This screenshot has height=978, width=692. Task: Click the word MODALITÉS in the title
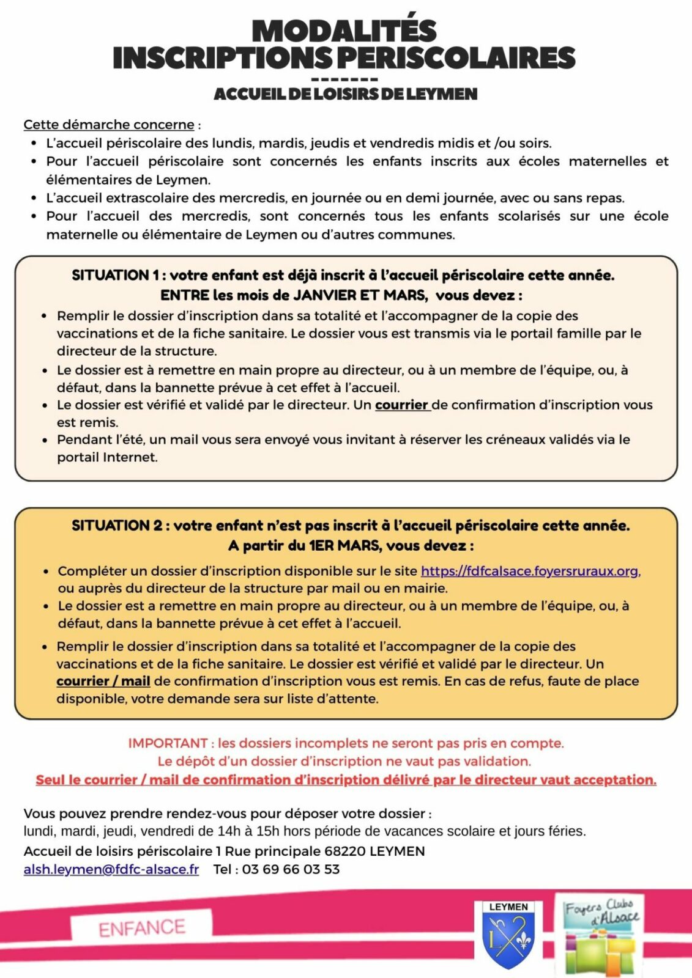coord(344,31)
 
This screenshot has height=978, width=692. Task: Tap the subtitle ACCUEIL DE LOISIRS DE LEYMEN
coord(345,94)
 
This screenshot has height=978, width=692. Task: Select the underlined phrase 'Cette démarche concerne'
coord(109,125)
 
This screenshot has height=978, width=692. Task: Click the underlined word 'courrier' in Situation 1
coord(401,405)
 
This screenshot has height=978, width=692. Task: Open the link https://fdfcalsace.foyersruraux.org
coord(530,571)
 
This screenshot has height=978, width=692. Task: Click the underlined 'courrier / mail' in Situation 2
coord(103,681)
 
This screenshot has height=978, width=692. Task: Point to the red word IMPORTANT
coord(168,743)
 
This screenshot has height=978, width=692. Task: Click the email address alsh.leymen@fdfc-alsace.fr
coord(111,869)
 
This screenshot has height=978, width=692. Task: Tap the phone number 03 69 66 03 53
coord(291,869)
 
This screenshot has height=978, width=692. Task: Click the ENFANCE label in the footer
coord(141,928)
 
